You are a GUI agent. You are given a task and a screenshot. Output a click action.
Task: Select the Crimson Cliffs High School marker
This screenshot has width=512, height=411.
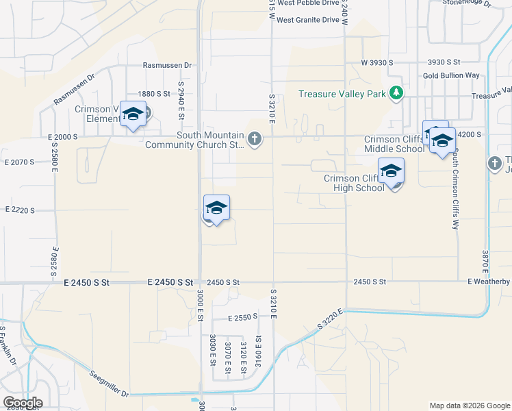(x=391, y=171)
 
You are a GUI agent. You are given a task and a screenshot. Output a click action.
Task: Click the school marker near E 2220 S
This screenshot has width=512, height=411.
(x=216, y=208)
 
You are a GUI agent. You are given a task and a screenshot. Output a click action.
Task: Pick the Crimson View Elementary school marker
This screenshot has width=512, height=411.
(x=133, y=114)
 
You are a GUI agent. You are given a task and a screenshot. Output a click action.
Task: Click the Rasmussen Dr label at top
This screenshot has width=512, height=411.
(x=167, y=66)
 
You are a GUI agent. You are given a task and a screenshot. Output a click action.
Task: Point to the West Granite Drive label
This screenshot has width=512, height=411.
(x=308, y=20)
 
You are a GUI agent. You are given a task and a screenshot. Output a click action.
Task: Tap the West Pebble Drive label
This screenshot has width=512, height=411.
(x=308, y=3)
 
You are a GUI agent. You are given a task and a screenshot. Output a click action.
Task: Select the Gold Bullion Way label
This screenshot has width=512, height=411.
(x=451, y=75)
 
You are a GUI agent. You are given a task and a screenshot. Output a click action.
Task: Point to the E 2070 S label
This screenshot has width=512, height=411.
(x=19, y=162)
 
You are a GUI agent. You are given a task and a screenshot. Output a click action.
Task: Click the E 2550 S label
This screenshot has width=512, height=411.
(x=243, y=317)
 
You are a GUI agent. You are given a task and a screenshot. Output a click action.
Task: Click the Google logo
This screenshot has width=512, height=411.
(x=23, y=403)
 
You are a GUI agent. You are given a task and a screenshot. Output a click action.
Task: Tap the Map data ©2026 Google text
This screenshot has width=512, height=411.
(x=469, y=406)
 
